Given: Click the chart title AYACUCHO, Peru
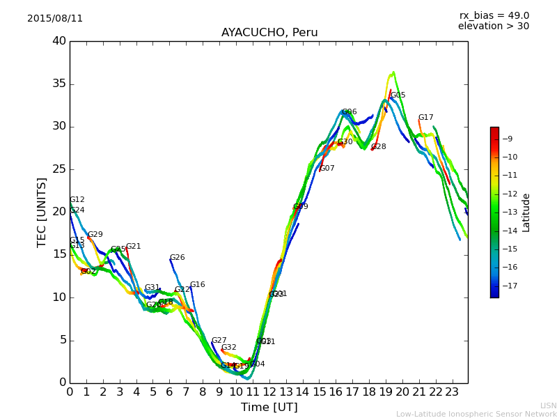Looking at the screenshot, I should [269, 33].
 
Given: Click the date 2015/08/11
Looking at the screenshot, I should [55, 19].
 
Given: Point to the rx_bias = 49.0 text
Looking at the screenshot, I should [494, 16].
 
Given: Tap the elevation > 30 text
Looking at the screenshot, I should [493, 26].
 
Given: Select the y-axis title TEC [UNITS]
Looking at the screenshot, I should [42, 212].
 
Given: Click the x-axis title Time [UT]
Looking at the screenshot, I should [269, 408].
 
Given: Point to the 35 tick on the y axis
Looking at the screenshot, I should [58, 84].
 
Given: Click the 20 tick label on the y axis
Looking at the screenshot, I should [58, 212].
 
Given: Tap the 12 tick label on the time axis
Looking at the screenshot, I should [269, 392].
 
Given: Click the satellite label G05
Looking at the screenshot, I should [398, 95].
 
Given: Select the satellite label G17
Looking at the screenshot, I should [425, 118].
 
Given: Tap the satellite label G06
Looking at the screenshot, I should [349, 112].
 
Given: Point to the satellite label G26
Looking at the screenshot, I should [177, 258].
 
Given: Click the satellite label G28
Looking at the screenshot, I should [378, 147].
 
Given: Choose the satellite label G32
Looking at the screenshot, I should [228, 348].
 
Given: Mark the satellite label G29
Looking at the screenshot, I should [95, 235].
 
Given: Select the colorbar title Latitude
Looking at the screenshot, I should [526, 212].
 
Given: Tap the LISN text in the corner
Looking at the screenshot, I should [548, 405].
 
